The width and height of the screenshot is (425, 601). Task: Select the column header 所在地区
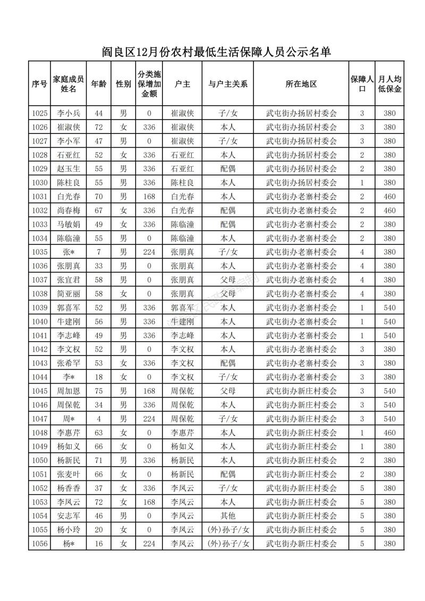[301, 84]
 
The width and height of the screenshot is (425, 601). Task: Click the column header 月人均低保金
[389, 84]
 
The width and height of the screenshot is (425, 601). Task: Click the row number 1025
[40, 113]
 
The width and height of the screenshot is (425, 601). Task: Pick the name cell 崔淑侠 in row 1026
[68, 127]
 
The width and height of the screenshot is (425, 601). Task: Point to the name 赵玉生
[68, 168]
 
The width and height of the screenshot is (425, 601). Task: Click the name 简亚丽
[68, 293]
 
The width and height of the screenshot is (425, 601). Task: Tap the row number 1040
[40, 321]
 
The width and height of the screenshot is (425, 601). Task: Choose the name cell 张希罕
[68, 363]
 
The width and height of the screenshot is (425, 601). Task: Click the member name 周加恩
[68, 391]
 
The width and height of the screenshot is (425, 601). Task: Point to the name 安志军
[68, 516]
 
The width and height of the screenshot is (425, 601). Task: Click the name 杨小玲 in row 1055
[68, 530]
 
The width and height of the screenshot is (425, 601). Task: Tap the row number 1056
[40, 544]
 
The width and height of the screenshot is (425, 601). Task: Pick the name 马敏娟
[68, 224]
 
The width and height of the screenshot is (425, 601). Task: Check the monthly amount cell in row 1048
[389, 433]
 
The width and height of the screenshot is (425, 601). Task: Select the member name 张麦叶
[68, 474]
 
